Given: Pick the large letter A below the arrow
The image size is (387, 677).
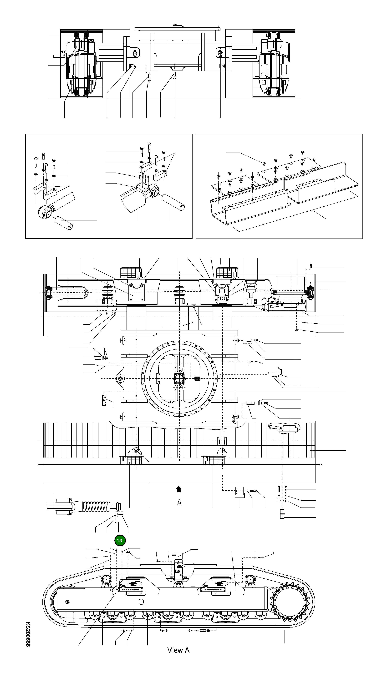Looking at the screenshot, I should (x=179, y=502).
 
